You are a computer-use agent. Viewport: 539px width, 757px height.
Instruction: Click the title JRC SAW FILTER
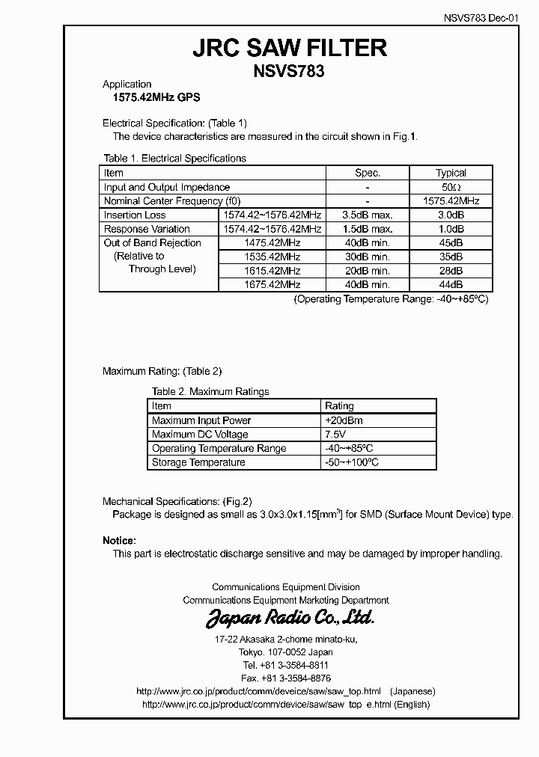(290, 48)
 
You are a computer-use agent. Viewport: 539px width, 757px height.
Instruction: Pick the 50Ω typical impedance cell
(451, 187)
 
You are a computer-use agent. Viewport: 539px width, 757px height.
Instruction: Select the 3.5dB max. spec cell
(368, 215)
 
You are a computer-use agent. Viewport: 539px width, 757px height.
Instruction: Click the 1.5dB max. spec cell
(368, 229)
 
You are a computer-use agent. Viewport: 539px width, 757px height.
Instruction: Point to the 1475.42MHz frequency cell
(272, 243)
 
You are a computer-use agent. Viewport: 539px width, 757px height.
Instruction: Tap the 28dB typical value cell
(451, 271)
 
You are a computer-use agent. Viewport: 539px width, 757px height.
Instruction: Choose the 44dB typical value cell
(451, 284)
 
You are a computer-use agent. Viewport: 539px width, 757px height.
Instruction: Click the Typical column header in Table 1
(451, 173)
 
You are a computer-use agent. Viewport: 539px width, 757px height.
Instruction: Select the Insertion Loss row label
(135, 215)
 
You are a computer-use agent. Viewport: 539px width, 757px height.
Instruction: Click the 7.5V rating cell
(335, 434)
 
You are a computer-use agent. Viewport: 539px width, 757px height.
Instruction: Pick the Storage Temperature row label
(198, 462)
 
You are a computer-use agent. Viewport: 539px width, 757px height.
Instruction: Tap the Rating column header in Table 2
(339, 406)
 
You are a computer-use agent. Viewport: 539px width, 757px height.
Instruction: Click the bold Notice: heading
(119, 540)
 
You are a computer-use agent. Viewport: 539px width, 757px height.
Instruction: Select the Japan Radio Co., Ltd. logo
(290, 618)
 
